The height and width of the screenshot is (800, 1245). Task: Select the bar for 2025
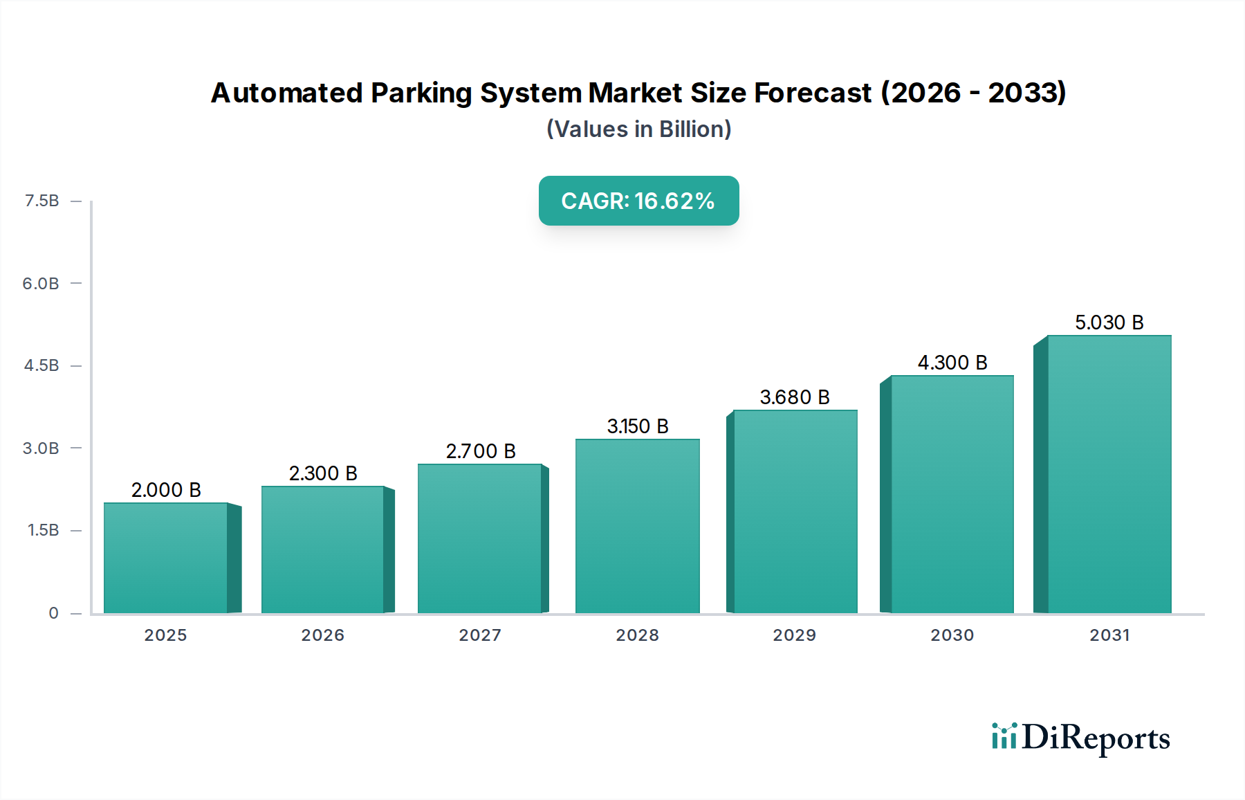[166, 558]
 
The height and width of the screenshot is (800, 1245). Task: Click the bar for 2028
[637, 526]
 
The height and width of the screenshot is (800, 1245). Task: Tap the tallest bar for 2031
[1109, 475]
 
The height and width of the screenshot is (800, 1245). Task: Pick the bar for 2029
[795, 512]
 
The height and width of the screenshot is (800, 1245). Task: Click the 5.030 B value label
[1109, 322]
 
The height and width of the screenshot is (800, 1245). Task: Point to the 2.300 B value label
[323, 473]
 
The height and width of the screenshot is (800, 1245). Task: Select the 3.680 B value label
[795, 397]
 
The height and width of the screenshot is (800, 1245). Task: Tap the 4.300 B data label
[952, 363]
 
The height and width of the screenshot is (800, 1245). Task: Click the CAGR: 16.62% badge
[638, 201]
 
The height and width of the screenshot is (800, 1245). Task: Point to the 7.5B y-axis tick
[42, 201]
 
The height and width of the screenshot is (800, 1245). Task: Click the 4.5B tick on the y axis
[41, 365]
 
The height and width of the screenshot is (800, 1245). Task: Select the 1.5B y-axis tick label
[43, 530]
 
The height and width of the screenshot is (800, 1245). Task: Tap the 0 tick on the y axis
[53, 612]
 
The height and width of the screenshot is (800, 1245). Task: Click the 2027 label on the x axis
[480, 635]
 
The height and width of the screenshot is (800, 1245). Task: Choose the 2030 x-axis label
[952, 635]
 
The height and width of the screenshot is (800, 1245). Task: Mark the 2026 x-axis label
[322, 635]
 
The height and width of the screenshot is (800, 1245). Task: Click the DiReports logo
[1080, 738]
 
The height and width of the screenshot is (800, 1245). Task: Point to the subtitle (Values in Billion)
[638, 129]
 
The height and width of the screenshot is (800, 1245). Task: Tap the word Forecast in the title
[813, 93]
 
